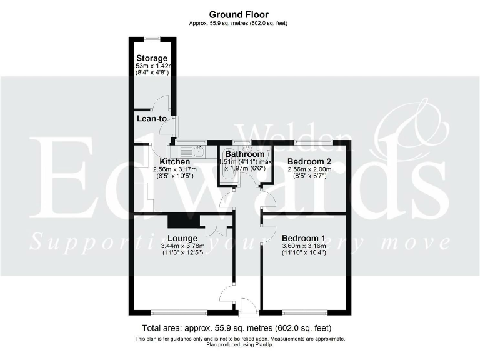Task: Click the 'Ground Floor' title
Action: tap(239, 14)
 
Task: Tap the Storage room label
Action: tap(152, 59)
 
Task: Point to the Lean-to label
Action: tap(152, 118)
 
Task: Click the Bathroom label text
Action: tap(245, 154)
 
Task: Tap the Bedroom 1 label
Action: tap(304, 238)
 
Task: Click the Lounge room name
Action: tap(182, 238)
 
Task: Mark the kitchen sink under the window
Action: tap(199, 149)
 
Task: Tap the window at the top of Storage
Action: tap(152, 38)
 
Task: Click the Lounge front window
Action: tap(179, 311)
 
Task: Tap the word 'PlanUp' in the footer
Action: tap(263, 344)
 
